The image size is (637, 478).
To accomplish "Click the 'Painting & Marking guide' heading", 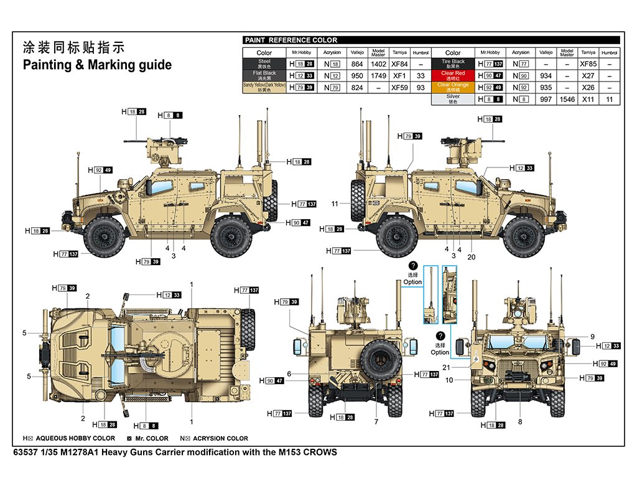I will (x=97, y=65).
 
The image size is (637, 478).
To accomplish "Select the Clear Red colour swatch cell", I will (x=452, y=75).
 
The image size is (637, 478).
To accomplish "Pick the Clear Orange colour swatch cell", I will (x=452, y=87).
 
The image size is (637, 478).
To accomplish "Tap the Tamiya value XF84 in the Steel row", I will (x=399, y=64).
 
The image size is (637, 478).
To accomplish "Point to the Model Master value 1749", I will (x=378, y=76).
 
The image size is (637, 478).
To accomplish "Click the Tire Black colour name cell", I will (x=452, y=63).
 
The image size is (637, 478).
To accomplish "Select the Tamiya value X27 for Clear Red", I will (x=587, y=76).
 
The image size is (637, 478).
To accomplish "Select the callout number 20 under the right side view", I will (x=471, y=256).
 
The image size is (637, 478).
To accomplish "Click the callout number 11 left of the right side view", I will (x=335, y=204).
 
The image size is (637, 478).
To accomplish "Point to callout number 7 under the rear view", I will (x=376, y=422).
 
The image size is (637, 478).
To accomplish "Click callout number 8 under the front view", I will (x=520, y=422).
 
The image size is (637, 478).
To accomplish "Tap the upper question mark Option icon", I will (x=413, y=266).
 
